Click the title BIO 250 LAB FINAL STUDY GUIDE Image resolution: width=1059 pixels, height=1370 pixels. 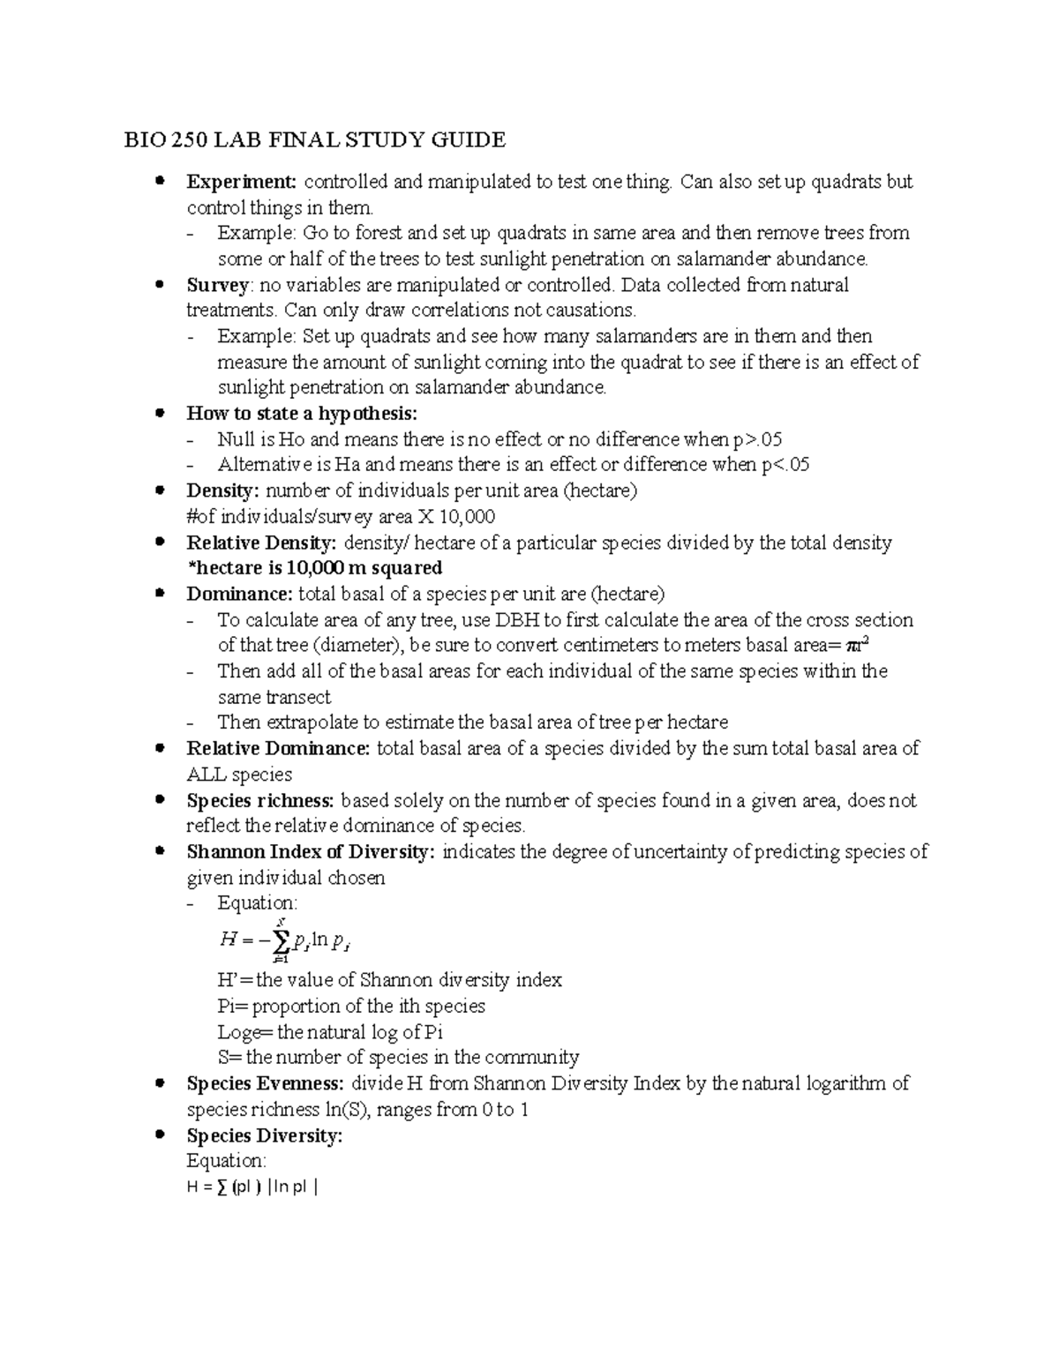[x=314, y=139]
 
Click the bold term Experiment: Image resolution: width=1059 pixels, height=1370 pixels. [x=241, y=182]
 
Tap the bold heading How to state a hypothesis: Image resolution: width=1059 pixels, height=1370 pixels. [x=302, y=414]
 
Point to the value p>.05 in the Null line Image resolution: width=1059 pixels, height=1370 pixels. [x=758, y=439]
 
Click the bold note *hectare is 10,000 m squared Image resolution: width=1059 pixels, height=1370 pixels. [x=314, y=567]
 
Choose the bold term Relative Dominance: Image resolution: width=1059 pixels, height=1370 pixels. [x=278, y=749]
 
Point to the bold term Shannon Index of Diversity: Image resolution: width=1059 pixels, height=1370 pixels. [x=311, y=852]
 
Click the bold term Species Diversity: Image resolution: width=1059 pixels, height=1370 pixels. [x=264, y=1135]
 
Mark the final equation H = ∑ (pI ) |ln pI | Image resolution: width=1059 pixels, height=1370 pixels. [x=252, y=1187]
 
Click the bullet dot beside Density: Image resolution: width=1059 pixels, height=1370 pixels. [x=160, y=490]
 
